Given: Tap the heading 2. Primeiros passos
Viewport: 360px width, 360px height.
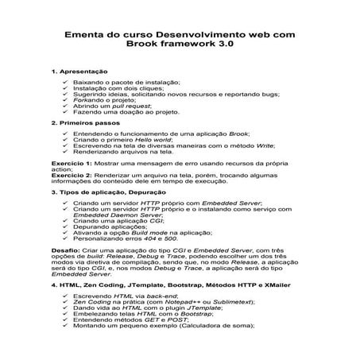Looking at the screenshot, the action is [82, 124].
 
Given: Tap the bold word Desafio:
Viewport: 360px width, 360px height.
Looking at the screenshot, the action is [64, 250].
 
